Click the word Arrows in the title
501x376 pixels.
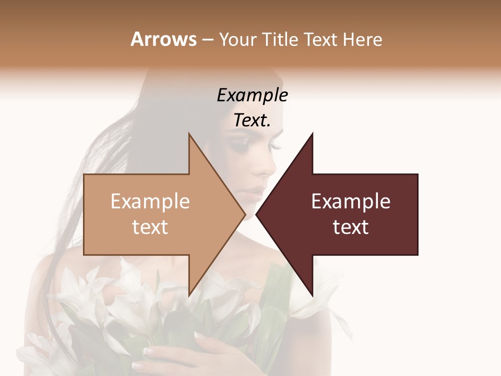(163, 39)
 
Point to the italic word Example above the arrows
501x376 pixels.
(252, 95)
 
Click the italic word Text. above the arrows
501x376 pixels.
(252, 121)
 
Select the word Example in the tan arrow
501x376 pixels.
(150, 202)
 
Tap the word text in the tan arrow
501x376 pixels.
(150, 227)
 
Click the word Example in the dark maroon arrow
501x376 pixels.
(351, 202)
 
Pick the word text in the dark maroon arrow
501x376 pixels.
(351, 227)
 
